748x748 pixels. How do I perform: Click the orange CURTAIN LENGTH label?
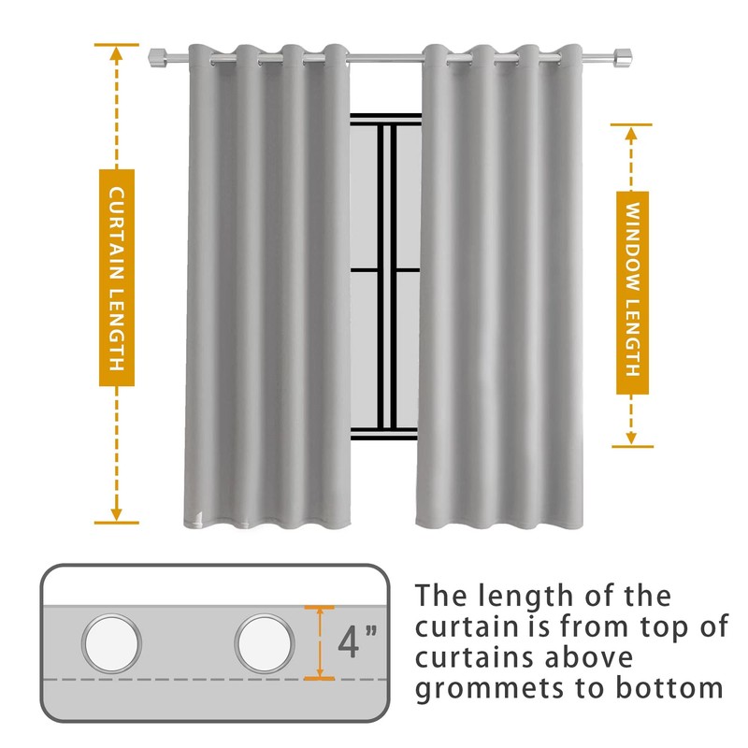(x=116, y=279)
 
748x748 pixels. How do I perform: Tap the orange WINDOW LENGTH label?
(x=632, y=291)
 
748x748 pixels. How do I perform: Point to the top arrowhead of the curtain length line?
(x=116, y=51)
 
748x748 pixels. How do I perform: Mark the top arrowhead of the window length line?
(x=632, y=132)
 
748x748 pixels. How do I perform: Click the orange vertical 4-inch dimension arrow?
(x=320, y=643)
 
